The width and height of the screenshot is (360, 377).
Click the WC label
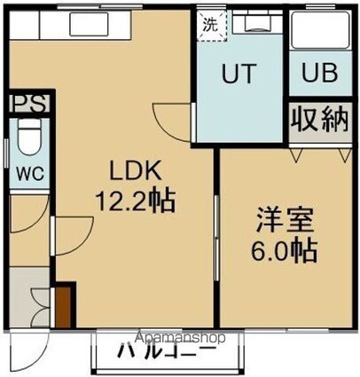point(25,172)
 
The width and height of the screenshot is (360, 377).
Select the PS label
point(26,105)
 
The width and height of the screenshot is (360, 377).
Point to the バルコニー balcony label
point(167,353)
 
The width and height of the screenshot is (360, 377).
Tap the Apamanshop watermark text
point(182,338)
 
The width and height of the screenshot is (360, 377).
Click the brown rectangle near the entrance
point(63,305)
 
